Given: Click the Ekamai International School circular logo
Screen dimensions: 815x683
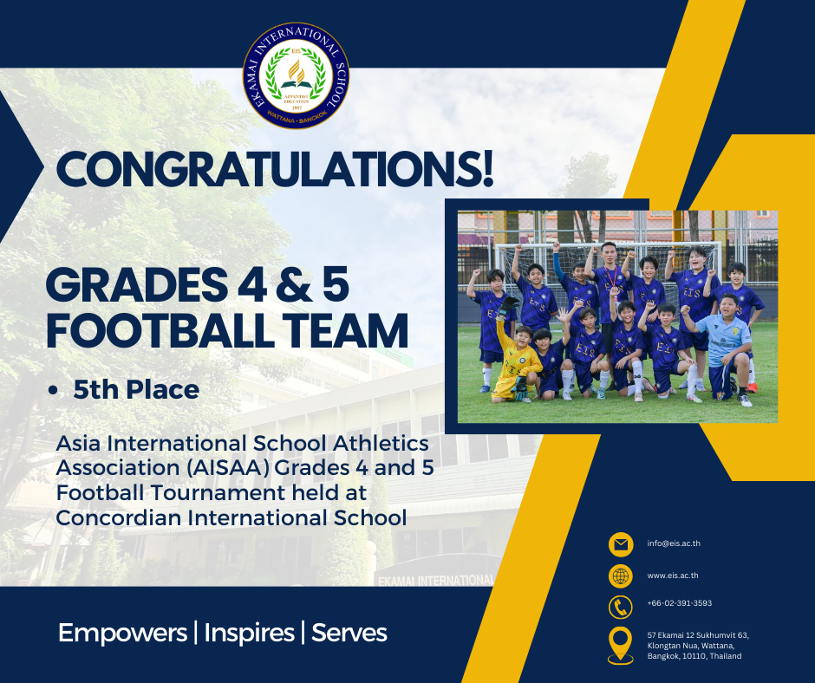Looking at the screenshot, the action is (x=297, y=76).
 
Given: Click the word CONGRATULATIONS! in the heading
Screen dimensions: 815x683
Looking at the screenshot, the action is (x=275, y=170).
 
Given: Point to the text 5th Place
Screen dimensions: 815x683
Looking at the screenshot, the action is (x=136, y=390).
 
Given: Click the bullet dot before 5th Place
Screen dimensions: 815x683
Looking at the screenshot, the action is (x=52, y=390).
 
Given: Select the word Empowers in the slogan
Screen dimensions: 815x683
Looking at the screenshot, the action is (x=122, y=633).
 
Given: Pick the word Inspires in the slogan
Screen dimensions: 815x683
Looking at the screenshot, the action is (x=249, y=633).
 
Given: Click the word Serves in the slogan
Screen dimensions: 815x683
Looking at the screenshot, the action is (x=349, y=633).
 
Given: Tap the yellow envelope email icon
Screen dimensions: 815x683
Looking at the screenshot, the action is (x=621, y=544).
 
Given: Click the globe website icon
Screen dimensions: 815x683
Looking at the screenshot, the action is (x=621, y=576).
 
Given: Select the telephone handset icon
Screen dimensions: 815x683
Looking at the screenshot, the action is (x=621, y=607).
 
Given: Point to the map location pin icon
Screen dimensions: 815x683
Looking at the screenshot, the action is (x=621, y=645).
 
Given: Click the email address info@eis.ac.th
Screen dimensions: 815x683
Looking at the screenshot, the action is (x=674, y=543).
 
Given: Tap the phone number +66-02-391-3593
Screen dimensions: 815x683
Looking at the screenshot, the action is (x=680, y=603).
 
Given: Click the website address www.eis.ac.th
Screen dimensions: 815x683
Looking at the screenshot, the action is (x=673, y=576).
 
